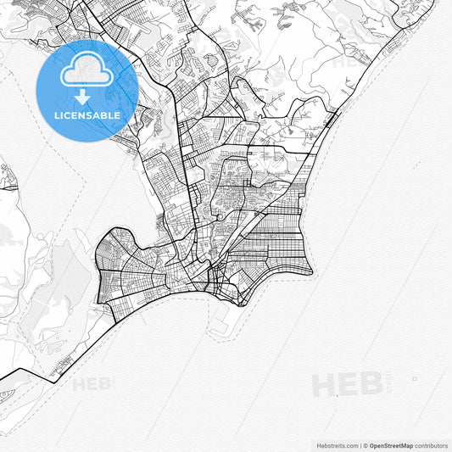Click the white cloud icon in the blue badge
point(86,74)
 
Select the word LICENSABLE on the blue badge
point(87,115)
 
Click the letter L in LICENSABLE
point(57,115)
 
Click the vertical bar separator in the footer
point(361,444)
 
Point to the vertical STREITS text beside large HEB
point(387,385)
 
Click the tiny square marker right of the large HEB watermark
point(415,378)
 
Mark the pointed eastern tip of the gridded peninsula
point(311,273)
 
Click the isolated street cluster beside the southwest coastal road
point(60,367)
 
